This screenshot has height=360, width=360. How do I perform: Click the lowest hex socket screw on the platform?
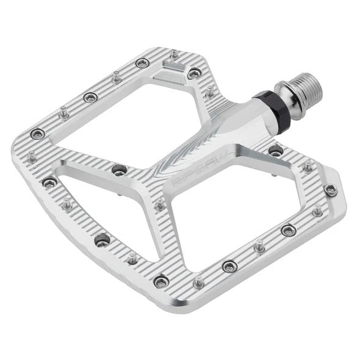162,281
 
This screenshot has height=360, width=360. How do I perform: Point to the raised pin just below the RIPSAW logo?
160,204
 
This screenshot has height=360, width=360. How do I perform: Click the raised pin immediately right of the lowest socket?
198,283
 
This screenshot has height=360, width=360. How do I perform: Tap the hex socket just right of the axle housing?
276,151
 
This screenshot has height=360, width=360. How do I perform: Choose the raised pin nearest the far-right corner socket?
317,211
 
